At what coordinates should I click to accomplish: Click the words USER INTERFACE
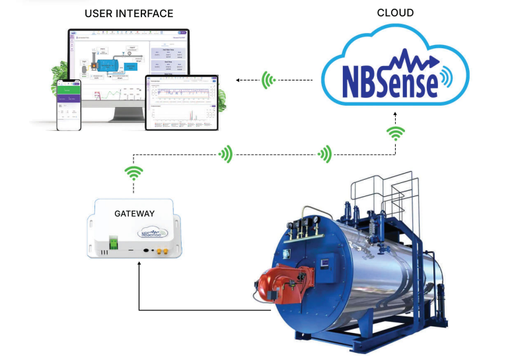coord(129,13)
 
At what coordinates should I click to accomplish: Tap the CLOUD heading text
coord(396,12)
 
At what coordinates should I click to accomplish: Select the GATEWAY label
coord(134,213)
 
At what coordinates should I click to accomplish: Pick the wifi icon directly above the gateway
coord(135,173)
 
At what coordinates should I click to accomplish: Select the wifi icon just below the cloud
coord(396,134)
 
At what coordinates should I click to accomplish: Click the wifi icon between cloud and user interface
coord(268,81)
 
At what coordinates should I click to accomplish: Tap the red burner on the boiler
coord(278,285)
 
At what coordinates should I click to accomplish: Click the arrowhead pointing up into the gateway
coord(139,266)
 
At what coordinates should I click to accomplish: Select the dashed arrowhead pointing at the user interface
coord(238,81)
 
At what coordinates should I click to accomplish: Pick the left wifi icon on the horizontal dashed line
coord(227,155)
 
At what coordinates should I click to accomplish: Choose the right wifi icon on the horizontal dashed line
coord(324,155)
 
